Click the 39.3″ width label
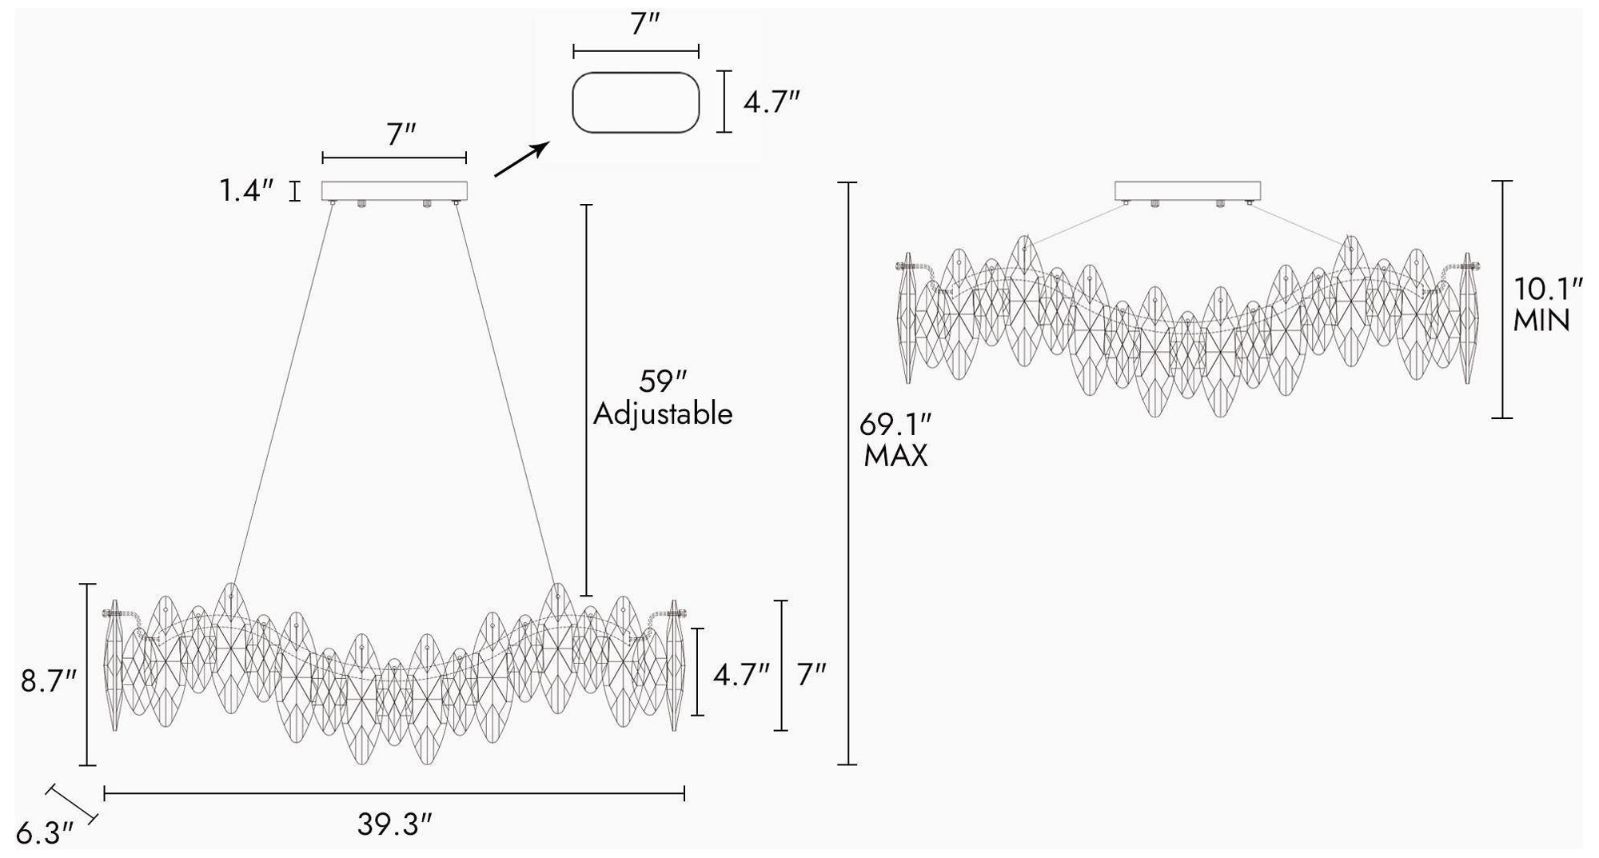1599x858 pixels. (x=394, y=824)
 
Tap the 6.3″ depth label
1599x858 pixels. (x=45, y=833)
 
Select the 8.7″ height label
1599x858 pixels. (x=49, y=681)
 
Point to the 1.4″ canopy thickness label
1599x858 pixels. (x=247, y=190)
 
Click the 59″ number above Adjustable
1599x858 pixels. (x=663, y=382)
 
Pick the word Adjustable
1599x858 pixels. (x=663, y=414)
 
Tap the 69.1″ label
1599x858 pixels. (x=895, y=424)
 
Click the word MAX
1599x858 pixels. (x=895, y=457)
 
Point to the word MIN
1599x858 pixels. (x=1542, y=321)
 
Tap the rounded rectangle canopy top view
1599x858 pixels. (x=636, y=102)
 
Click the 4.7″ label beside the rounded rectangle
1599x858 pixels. (x=772, y=102)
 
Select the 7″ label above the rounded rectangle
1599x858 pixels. (x=644, y=25)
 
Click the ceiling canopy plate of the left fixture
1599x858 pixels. (x=394, y=190)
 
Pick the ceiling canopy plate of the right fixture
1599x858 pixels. (x=1188, y=190)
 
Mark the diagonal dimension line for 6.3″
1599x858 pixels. (x=72, y=804)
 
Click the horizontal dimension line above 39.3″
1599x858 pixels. (x=394, y=793)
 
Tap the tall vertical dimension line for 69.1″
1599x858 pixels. (x=847, y=473)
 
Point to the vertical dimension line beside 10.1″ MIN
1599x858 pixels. (x=1502, y=299)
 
